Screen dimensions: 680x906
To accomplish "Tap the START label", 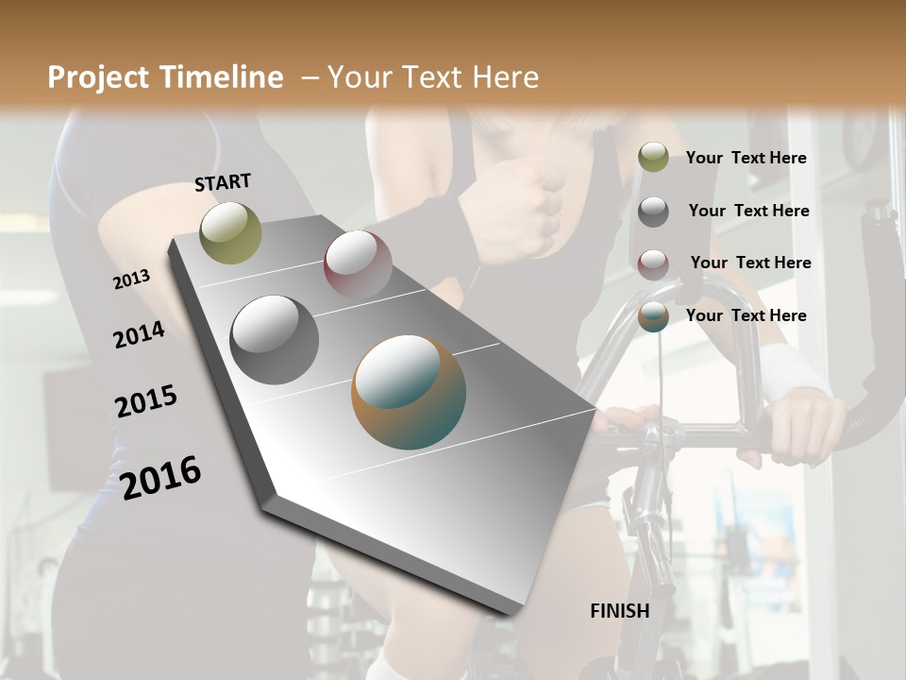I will pyautogui.click(x=223, y=182).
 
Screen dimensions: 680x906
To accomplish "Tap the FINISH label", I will pyautogui.click(x=620, y=611).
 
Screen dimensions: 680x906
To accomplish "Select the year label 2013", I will pyautogui.click(x=132, y=280).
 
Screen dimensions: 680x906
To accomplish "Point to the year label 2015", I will pyautogui.click(x=146, y=401).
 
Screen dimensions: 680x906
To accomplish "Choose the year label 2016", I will pyautogui.click(x=161, y=478).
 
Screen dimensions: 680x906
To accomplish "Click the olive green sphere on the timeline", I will pyautogui.click(x=230, y=232).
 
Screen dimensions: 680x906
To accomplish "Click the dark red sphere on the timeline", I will pyautogui.click(x=358, y=265).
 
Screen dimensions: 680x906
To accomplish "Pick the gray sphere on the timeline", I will pyautogui.click(x=275, y=340).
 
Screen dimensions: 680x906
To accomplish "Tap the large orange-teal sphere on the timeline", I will pyautogui.click(x=409, y=392).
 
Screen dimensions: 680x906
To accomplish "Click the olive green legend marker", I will pyautogui.click(x=653, y=158).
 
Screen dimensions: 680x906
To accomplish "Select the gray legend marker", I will pyautogui.click(x=653, y=211).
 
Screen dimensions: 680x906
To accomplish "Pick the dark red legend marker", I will pyautogui.click(x=653, y=263).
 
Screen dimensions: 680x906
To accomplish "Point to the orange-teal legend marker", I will pyautogui.click(x=653, y=316).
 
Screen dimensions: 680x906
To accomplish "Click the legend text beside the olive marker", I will pyautogui.click(x=747, y=158).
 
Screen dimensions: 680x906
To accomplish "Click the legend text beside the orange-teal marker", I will pyautogui.click(x=747, y=315).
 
